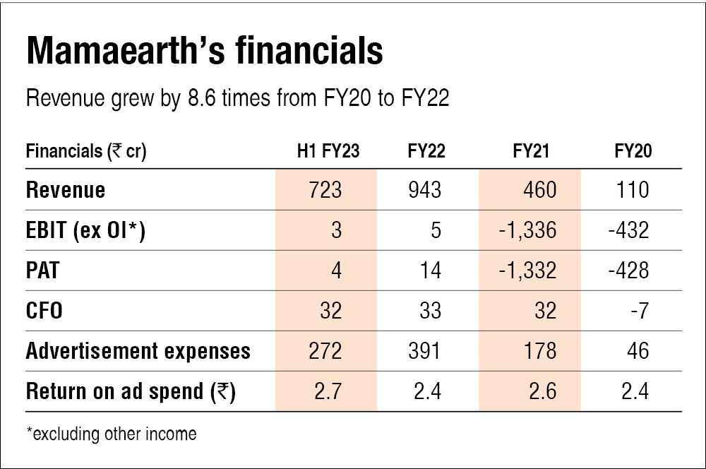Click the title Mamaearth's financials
[204, 53]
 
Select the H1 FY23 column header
[328, 151]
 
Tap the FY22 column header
[426, 151]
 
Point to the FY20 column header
[633, 151]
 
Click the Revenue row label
[66, 190]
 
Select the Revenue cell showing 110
[633, 190]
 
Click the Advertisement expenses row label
[138, 351]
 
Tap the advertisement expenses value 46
[638, 351]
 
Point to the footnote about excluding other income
[111, 433]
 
